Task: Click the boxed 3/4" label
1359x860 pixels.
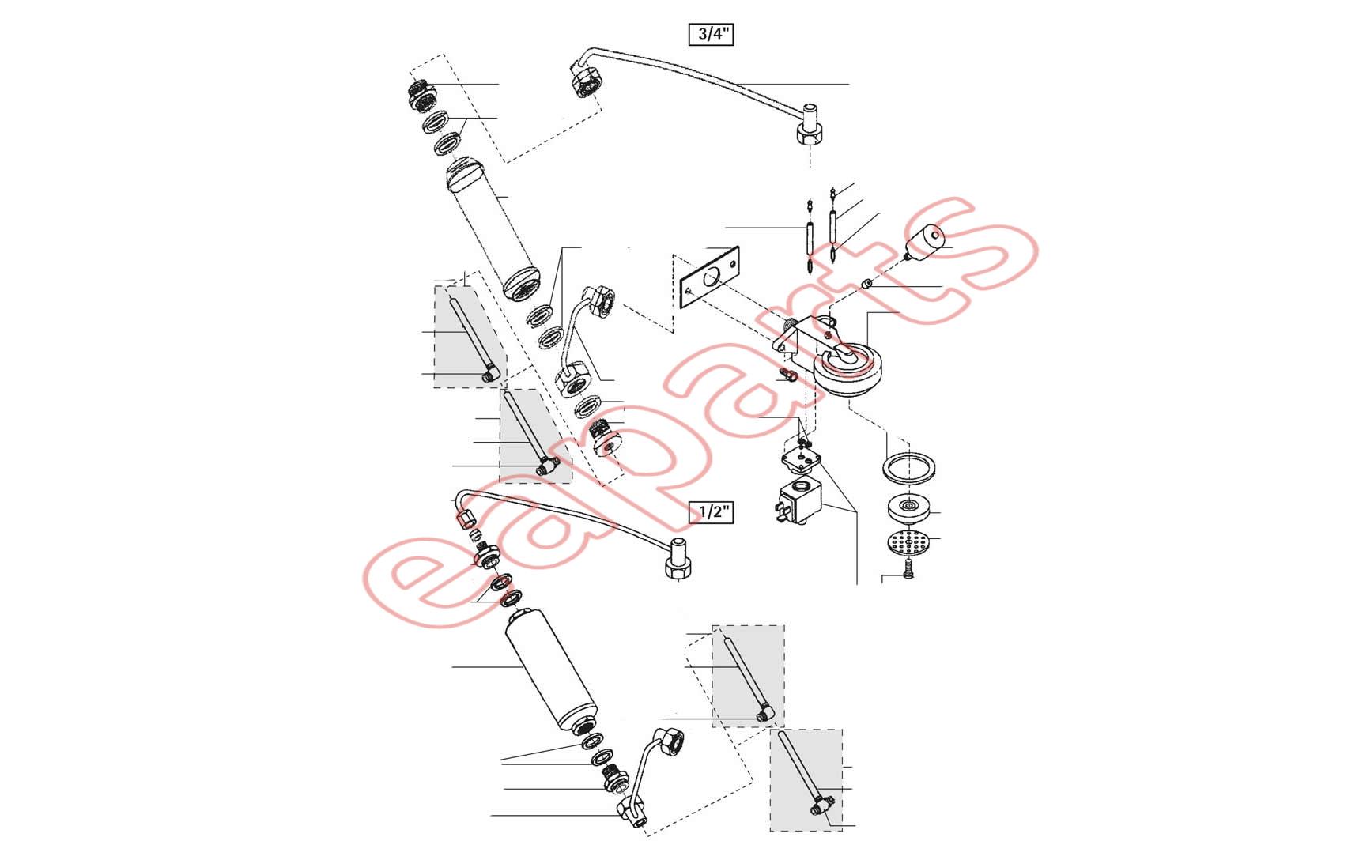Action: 712,35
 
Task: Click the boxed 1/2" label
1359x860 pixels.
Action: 712,511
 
